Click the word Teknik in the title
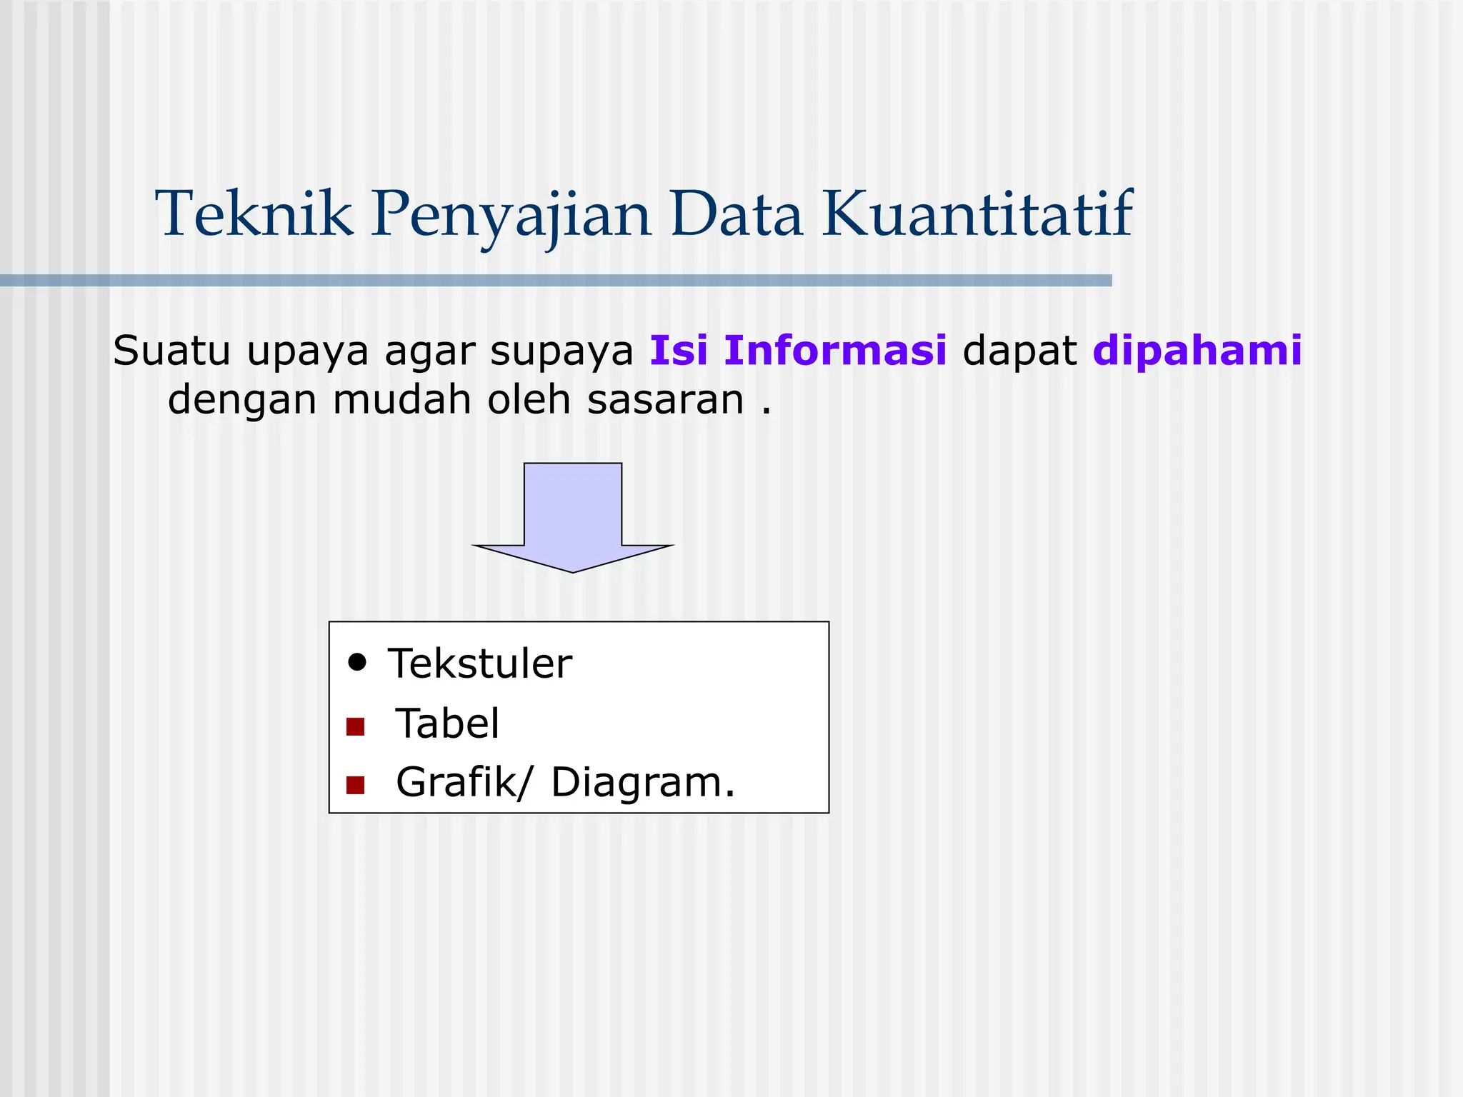(x=254, y=214)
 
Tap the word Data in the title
(x=736, y=214)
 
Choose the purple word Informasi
(x=835, y=351)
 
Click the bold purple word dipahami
(x=1197, y=352)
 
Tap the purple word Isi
(x=678, y=351)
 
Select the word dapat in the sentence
(x=1019, y=352)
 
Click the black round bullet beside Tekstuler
(x=357, y=662)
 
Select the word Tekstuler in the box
(x=479, y=663)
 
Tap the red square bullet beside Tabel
(x=355, y=727)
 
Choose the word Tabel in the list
(x=447, y=723)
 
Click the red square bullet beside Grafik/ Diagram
(x=355, y=786)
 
